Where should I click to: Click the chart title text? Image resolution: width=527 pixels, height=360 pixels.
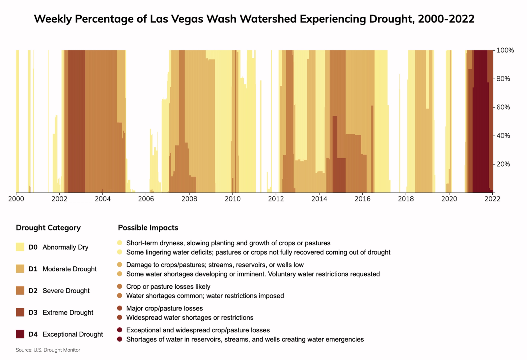(x=254, y=19)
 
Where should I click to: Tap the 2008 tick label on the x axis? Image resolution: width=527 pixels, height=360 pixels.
(x=189, y=199)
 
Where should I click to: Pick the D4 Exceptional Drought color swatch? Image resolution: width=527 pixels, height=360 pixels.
(x=20, y=334)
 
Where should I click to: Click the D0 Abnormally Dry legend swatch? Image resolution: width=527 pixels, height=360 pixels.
(x=20, y=247)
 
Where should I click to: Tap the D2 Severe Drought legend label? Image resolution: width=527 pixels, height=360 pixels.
(x=66, y=291)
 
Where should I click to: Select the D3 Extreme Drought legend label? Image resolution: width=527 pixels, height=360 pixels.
(x=68, y=313)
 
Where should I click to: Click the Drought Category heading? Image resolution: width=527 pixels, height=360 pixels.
(x=48, y=228)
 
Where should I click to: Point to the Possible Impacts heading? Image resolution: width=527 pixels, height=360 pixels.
(x=148, y=228)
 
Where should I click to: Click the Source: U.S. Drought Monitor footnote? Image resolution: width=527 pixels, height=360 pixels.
(x=48, y=350)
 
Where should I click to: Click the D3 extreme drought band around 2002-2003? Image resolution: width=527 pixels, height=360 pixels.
(x=76, y=122)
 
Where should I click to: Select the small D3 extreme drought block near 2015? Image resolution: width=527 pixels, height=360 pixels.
(x=339, y=175)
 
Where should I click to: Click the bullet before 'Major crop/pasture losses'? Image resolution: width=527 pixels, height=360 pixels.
(x=120, y=308)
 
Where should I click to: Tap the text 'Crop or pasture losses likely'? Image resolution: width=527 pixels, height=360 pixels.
(x=168, y=286)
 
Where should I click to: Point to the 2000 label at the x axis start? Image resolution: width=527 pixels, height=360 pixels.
(x=16, y=199)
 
